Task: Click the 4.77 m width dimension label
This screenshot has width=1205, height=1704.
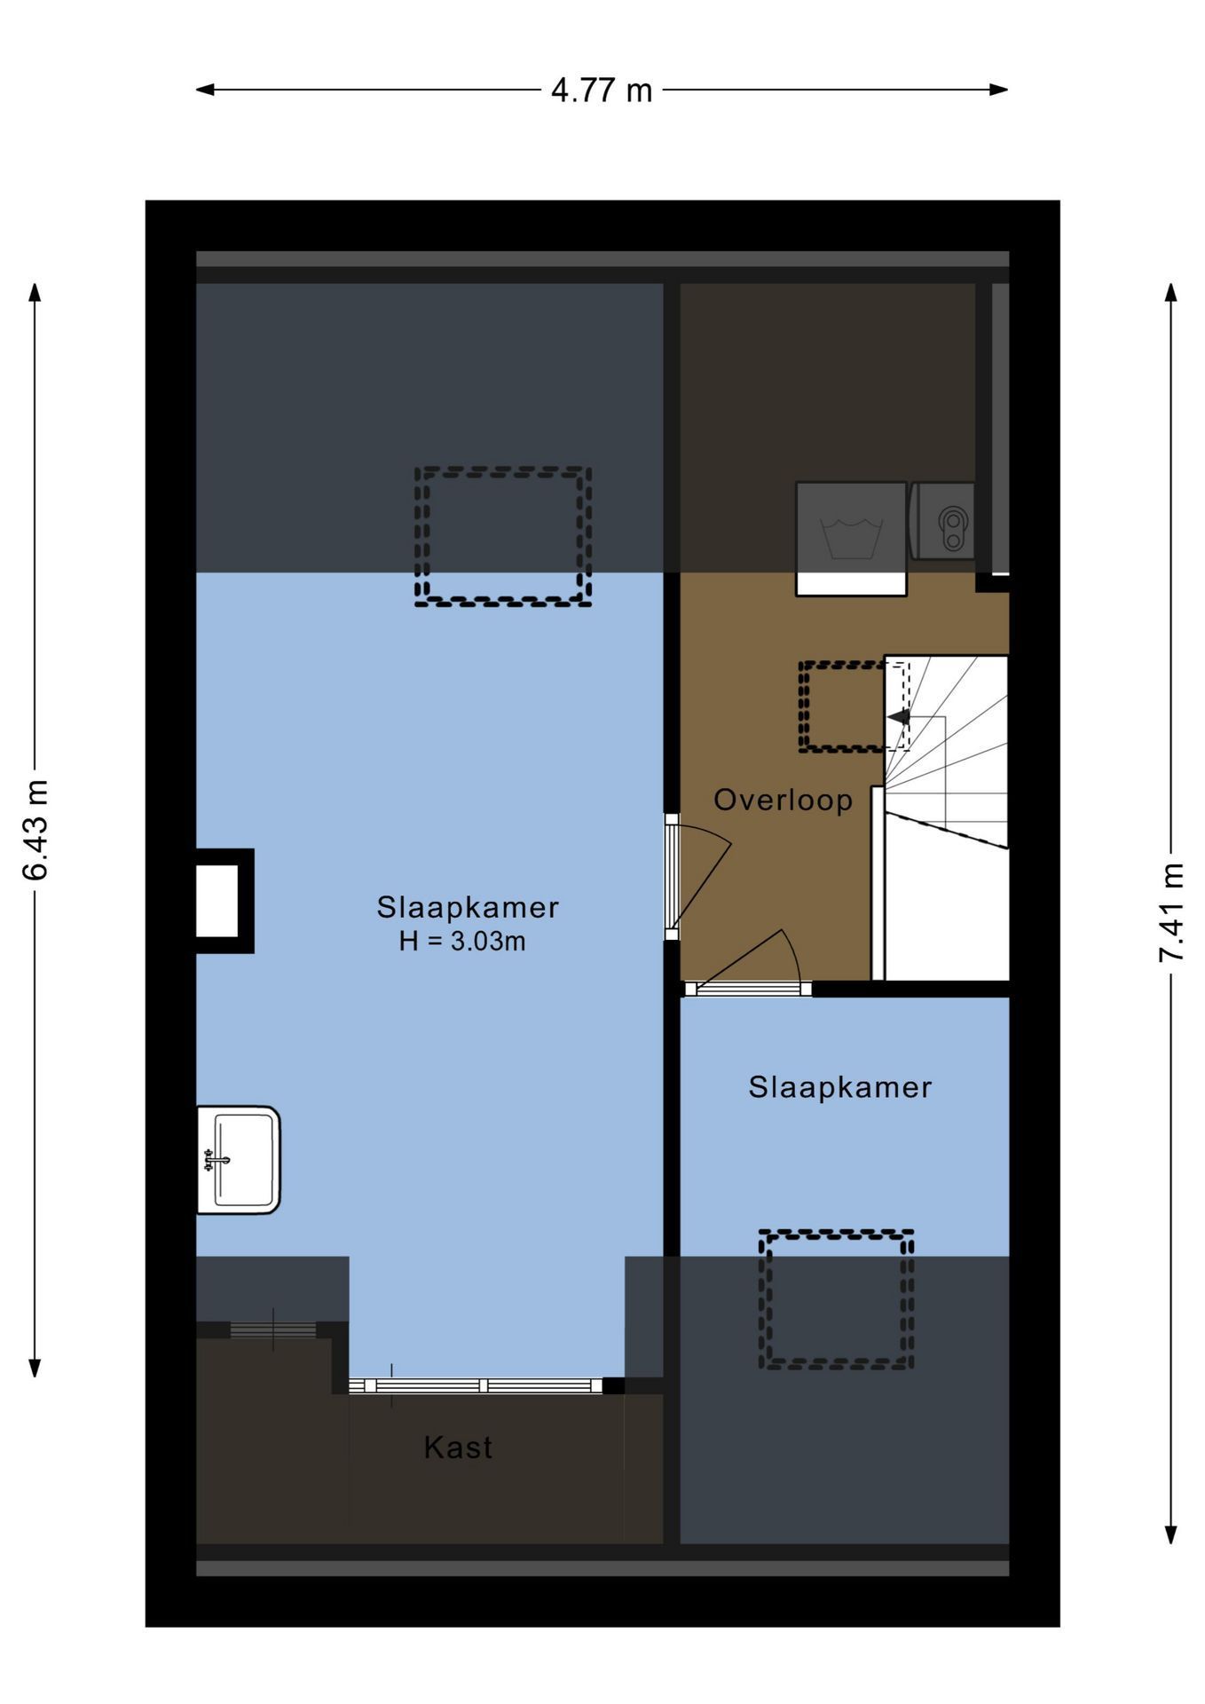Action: coord(602,91)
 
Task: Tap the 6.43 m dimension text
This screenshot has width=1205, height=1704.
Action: coord(35,830)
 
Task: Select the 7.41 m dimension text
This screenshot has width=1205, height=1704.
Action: coord(1171,911)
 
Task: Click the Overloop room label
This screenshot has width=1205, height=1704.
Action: coord(783,800)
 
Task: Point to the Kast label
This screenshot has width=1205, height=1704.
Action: coord(458,1448)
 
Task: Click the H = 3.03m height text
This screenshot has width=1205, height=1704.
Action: coord(462,941)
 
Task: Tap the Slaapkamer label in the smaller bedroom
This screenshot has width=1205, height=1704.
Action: coord(839,1087)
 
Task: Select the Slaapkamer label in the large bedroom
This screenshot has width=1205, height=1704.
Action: coord(468,907)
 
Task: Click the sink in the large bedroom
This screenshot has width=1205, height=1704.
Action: coord(238,1159)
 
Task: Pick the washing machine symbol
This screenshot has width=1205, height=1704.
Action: coord(851,539)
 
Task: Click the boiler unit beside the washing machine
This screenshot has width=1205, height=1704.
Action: coord(943,521)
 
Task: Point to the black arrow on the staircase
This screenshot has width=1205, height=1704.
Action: coord(899,716)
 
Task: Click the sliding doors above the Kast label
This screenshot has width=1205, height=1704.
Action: coord(476,1385)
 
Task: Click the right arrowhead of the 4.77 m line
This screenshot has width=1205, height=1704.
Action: coord(999,90)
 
